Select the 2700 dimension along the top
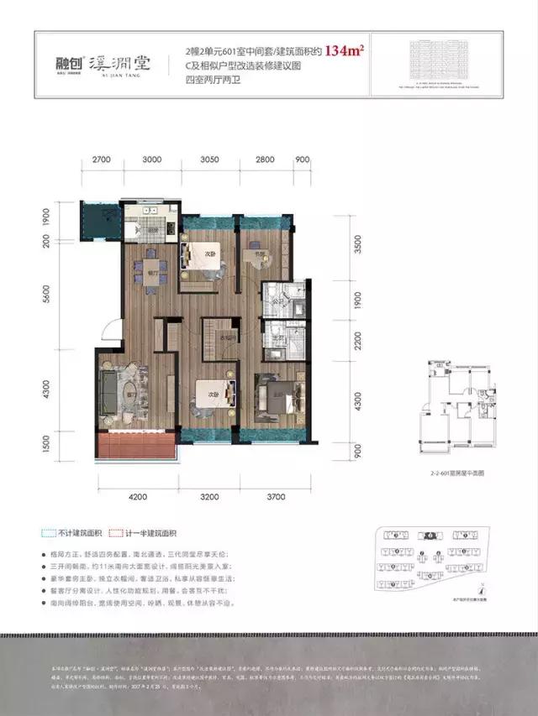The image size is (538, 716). click(103, 159)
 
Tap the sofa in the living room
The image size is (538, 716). click(108, 389)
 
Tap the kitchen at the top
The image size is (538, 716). click(151, 220)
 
